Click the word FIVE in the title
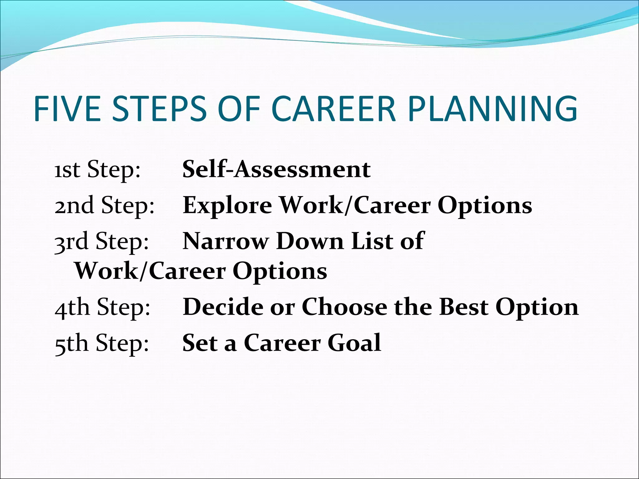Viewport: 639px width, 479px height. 67,109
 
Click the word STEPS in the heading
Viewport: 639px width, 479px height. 159,109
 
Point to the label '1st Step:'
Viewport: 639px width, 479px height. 97,170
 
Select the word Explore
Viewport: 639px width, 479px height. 227,206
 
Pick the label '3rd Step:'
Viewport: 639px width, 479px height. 102,242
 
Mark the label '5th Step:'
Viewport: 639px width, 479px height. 102,343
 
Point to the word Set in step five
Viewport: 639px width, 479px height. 200,343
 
